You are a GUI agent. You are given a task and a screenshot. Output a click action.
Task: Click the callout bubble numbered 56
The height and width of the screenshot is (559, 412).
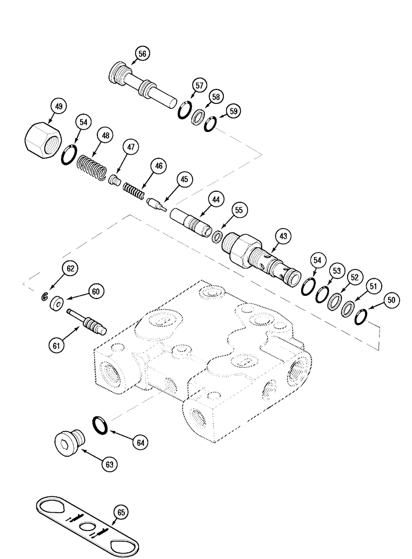[x=142, y=53]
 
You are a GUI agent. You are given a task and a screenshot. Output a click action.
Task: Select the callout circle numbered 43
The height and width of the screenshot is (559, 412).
[x=284, y=237]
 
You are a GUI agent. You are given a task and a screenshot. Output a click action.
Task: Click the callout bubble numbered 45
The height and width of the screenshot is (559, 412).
[x=184, y=180]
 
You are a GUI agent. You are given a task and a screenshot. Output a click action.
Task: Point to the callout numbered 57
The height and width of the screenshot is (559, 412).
[x=199, y=86]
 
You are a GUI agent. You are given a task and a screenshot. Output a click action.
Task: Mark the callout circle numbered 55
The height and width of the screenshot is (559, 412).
[x=239, y=210]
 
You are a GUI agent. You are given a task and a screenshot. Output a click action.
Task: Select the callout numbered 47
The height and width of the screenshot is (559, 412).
[x=129, y=148]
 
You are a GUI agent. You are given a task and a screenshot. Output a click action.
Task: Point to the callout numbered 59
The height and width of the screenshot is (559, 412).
[x=233, y=111]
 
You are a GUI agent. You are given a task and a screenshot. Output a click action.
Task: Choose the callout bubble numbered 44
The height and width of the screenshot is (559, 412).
[x=216, y=198]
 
